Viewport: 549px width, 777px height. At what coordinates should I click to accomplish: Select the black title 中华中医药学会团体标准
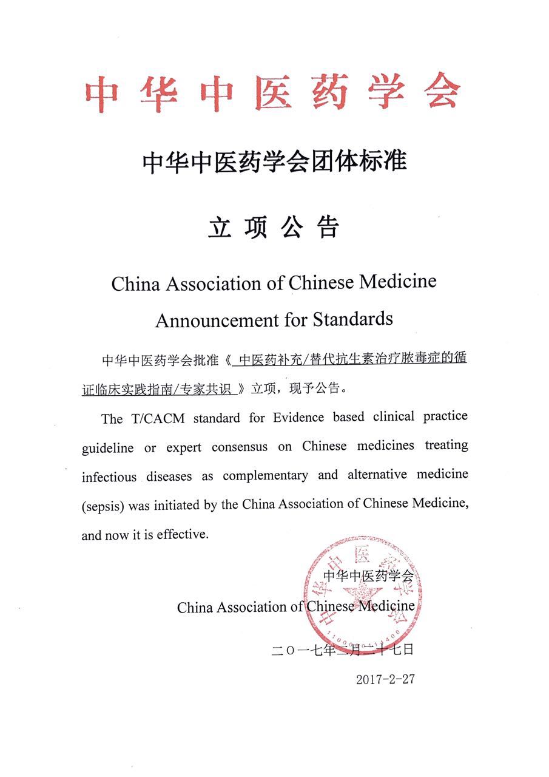tap(274, 163)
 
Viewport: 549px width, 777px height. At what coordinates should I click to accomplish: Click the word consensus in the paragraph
tap(239, 447)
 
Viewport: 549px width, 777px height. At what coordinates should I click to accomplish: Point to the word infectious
tap(109, 477)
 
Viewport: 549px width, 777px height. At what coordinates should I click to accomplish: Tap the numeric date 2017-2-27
tap(385, 679)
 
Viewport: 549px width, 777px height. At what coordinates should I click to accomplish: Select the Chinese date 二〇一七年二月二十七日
tap(343, 650)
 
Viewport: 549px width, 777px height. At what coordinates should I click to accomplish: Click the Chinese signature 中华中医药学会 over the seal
tap(368, 575)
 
